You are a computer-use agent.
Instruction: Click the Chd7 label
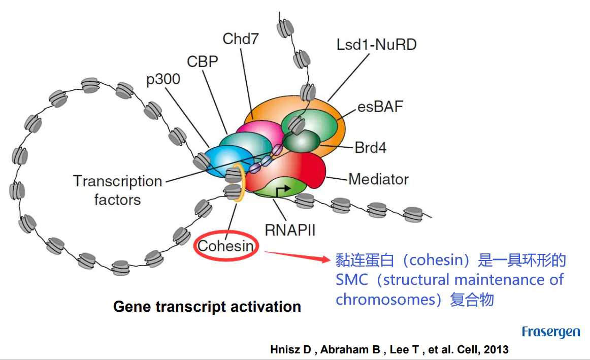click(x=241, y=39)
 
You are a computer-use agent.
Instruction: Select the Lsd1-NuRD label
click(x=377, y=45)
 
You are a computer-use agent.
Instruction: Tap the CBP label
click(x=203, y=61)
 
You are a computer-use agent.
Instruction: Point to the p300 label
click(x=163, y=80)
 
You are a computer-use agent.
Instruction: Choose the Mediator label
click(x=378, y=179)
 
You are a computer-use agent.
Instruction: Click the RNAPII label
click(x=290, y=230)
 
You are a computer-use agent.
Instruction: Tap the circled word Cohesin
click(x=225, y=247)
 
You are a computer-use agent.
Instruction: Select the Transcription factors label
click(x=117, y=190)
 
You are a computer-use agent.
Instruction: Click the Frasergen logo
click(x=551, y=333)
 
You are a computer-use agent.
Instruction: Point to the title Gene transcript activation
click(x=207, y=307)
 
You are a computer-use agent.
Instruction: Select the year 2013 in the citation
click(x=496, y=350)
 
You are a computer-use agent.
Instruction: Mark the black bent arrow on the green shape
click(x=283, y=189)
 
